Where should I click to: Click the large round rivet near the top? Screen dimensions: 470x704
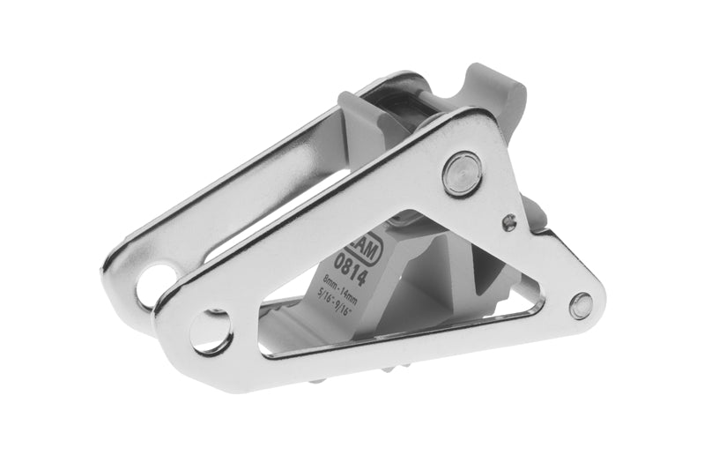click(462, 173)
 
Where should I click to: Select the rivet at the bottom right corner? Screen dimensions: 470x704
click(581, 305)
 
